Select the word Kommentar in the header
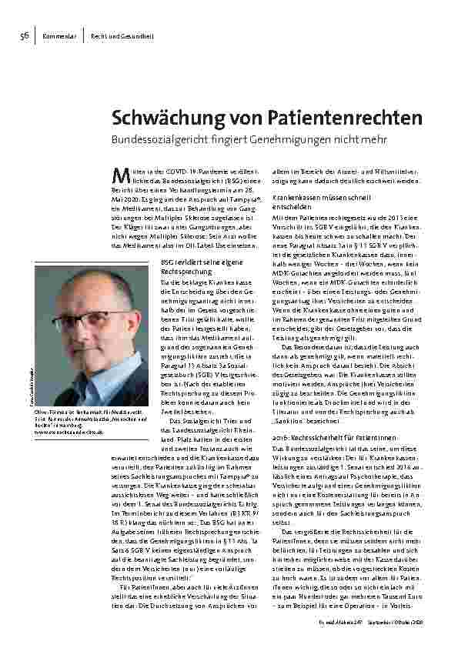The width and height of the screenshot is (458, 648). [x=59, y=36]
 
